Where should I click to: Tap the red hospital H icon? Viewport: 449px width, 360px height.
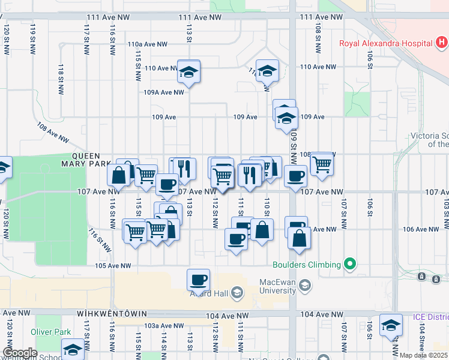click(x=442, y=43)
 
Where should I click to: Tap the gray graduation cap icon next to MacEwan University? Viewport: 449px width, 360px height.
click(x=306, y=286)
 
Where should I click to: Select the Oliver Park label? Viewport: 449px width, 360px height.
click(x=51, y=332)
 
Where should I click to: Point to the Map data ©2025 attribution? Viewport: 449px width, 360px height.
click(x=423, y=355)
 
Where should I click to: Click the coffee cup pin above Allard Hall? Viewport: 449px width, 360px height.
click(x=198, y=279)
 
